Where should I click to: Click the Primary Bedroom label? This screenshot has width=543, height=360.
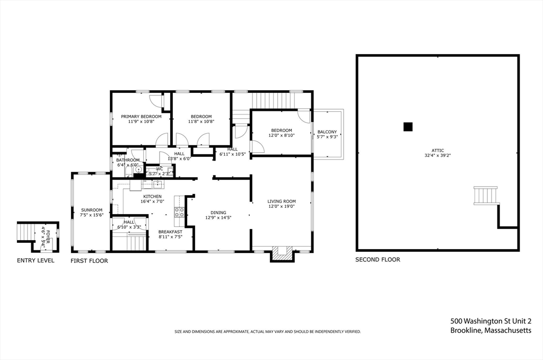point(141,116)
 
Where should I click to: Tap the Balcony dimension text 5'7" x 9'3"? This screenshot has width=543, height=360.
point(327,137)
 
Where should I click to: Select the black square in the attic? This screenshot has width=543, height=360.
point(408,126)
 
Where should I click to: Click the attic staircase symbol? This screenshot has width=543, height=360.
point(486,196)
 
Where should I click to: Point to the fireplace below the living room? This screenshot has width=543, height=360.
point(283,254)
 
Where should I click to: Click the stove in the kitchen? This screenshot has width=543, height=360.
point(179,212)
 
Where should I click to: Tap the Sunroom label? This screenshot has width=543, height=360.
point(91,209)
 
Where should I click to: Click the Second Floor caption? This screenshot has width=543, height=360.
point(378,260)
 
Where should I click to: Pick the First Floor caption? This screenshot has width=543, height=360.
point(90,261)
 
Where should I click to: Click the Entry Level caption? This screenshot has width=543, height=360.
point(36,260)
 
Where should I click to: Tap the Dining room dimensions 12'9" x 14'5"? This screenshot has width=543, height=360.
point(218,217)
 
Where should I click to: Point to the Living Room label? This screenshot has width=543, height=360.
point(282,201)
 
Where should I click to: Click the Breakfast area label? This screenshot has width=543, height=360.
point(170,232)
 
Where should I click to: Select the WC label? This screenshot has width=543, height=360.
point(159,169)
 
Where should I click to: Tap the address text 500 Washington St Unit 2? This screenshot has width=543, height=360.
point(491,321)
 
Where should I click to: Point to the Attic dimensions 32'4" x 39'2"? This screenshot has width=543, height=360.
point(437,156)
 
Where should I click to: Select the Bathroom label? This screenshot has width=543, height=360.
point(128,160)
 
